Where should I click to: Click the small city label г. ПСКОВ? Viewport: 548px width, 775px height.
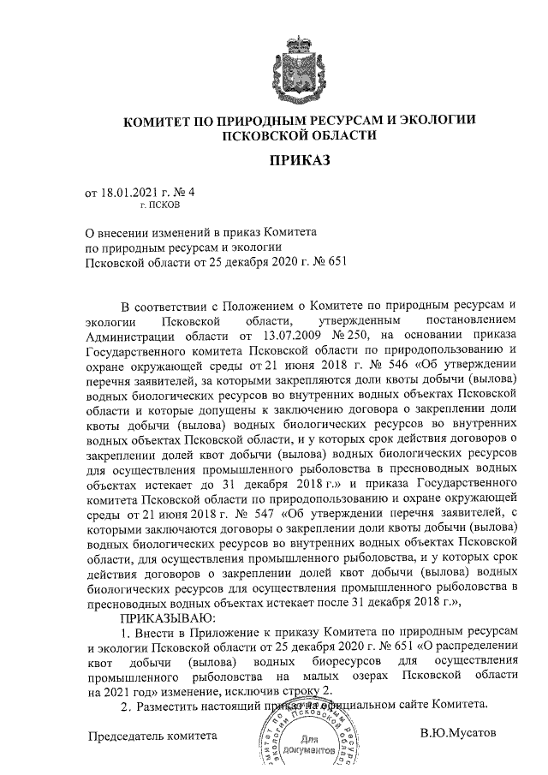click(x=159, y=206)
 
